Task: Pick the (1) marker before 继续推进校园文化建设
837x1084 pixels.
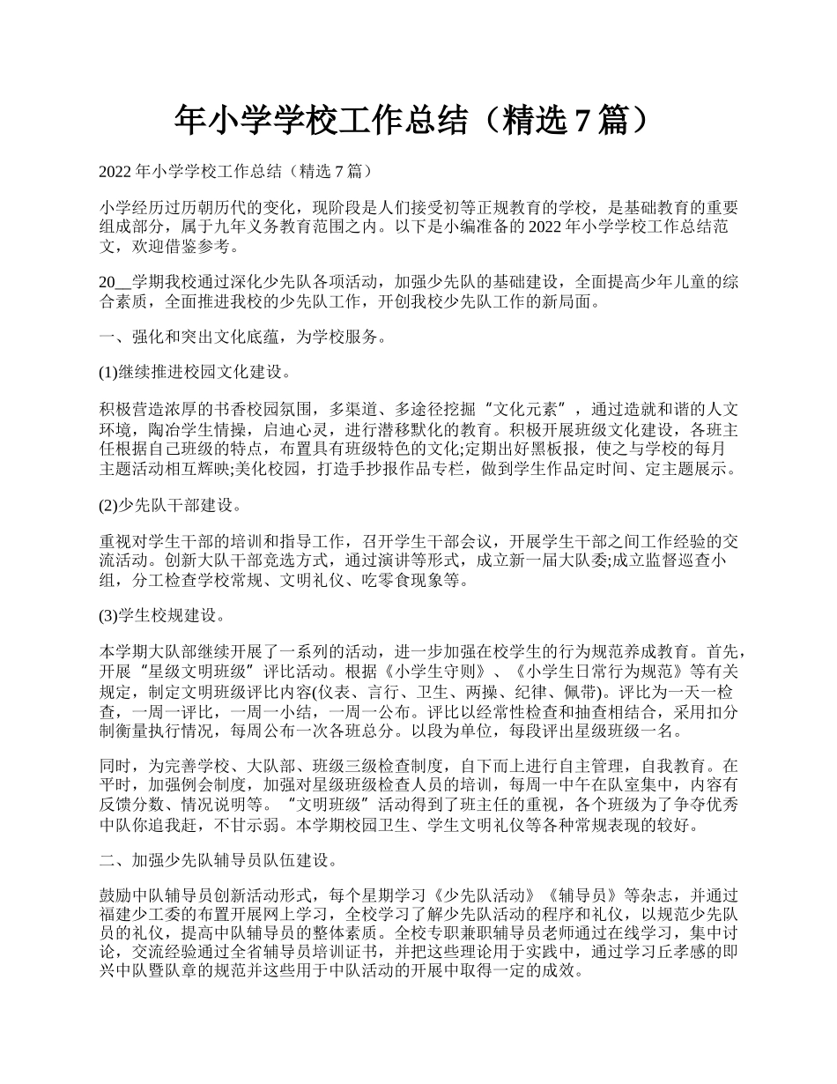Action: tap(107, 372)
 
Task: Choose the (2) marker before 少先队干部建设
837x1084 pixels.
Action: tap(107, 506)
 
